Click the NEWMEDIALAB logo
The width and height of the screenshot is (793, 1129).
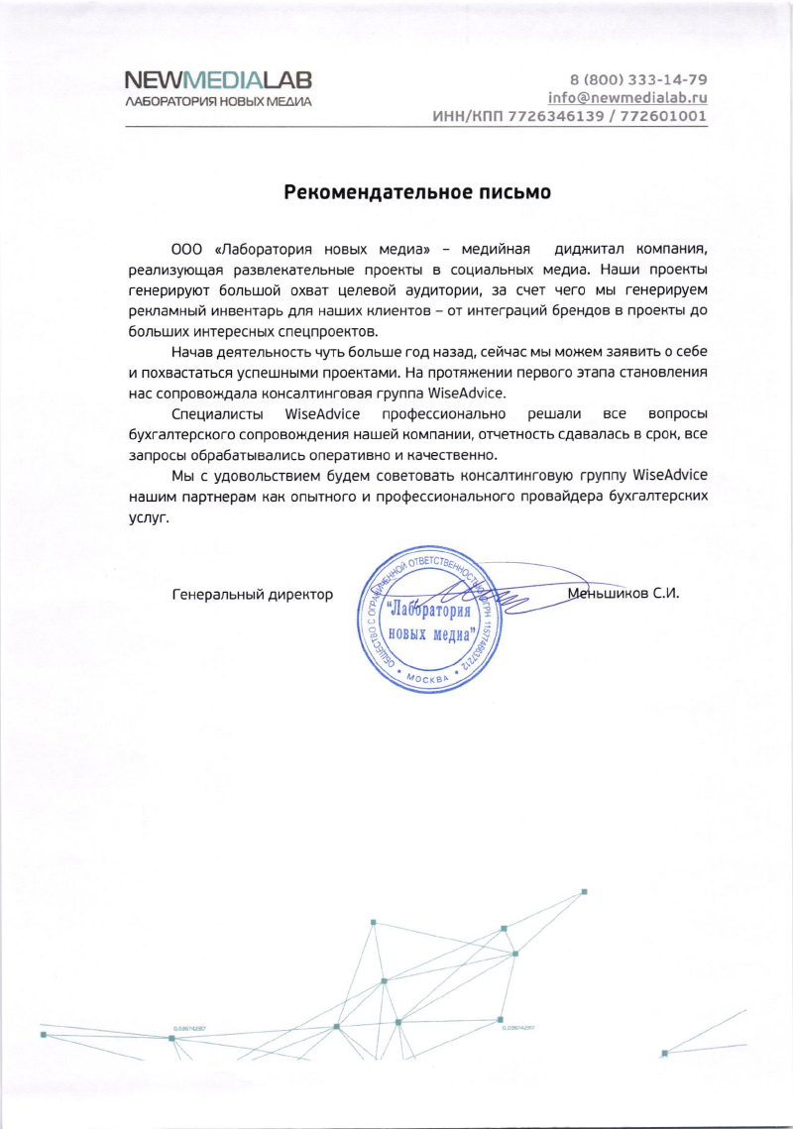click(218, 79)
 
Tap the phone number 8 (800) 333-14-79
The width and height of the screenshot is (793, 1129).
click(638, 79)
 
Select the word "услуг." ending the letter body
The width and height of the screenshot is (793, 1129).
click(150, 517)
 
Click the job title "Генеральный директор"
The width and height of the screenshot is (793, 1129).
click(253, 595)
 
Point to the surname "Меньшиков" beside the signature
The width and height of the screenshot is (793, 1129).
click(608, 594)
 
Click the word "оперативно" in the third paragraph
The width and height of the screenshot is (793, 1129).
click(356, 454)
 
